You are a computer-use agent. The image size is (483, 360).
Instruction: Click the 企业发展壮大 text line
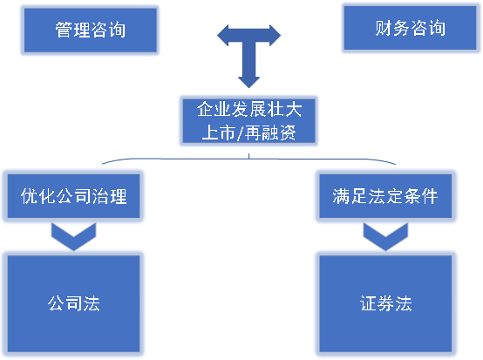[x=248, y=110]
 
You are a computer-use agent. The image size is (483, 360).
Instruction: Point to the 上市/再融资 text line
[x=248, y=133]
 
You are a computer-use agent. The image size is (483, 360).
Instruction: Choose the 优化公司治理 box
[x=74, y=196]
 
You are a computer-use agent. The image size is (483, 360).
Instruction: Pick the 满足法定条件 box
[x=384, y=196]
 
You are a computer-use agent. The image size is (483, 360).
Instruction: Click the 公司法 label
[x=74, y=303]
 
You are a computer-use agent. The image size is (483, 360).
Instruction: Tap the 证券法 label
[x=384, y=303]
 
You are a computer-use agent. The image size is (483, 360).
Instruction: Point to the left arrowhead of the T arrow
[x=223, y=37]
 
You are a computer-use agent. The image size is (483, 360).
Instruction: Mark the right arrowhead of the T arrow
[x=275, y=37]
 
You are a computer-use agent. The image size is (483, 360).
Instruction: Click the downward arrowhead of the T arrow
[x=248, y=79]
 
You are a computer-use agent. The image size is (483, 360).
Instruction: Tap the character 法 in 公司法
[x=92, y=303]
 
